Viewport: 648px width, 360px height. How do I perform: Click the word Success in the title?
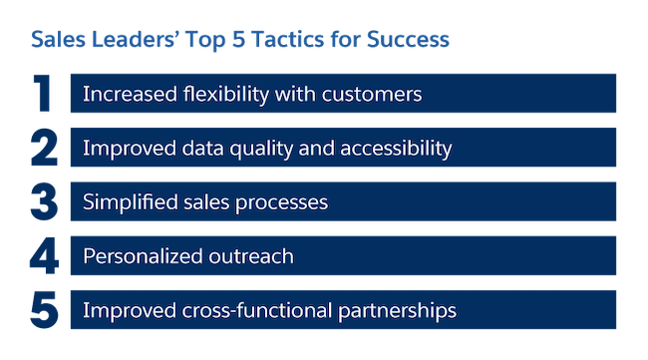[407, 41]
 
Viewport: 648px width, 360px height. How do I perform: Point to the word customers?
[373, 95]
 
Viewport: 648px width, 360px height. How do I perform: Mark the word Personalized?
[144, 256]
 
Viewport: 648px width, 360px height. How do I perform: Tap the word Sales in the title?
[56, 41]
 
